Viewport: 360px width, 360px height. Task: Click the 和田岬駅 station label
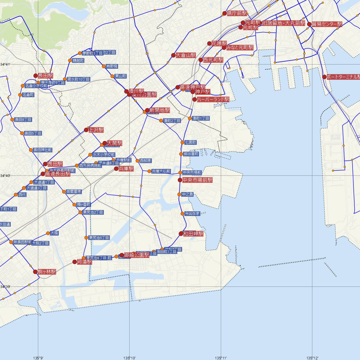(x=193, y=233)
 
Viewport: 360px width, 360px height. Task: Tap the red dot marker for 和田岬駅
(x=181, y=233)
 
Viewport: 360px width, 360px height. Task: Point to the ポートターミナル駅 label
(x=343, y=77)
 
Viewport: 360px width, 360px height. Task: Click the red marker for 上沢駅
(x=86, y=130)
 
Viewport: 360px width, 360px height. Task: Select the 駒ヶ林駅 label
(x=47, y=272)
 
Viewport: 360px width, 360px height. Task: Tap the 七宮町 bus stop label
(x=190, y=142)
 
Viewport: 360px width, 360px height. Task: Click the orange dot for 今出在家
(x=182, y=214)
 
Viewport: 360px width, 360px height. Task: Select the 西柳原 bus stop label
(x=145, y=160)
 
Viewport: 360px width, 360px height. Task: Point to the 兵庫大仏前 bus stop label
(x=161, y=171)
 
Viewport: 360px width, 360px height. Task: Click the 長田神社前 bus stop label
(x=42, y=150)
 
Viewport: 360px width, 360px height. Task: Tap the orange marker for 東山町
(x=112, y=76)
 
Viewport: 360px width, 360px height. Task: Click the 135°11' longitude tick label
(x=221, y=358)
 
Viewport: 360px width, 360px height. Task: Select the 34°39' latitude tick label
(x=5, y=287)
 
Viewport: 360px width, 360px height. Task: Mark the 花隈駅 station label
(x=219, y=43)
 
